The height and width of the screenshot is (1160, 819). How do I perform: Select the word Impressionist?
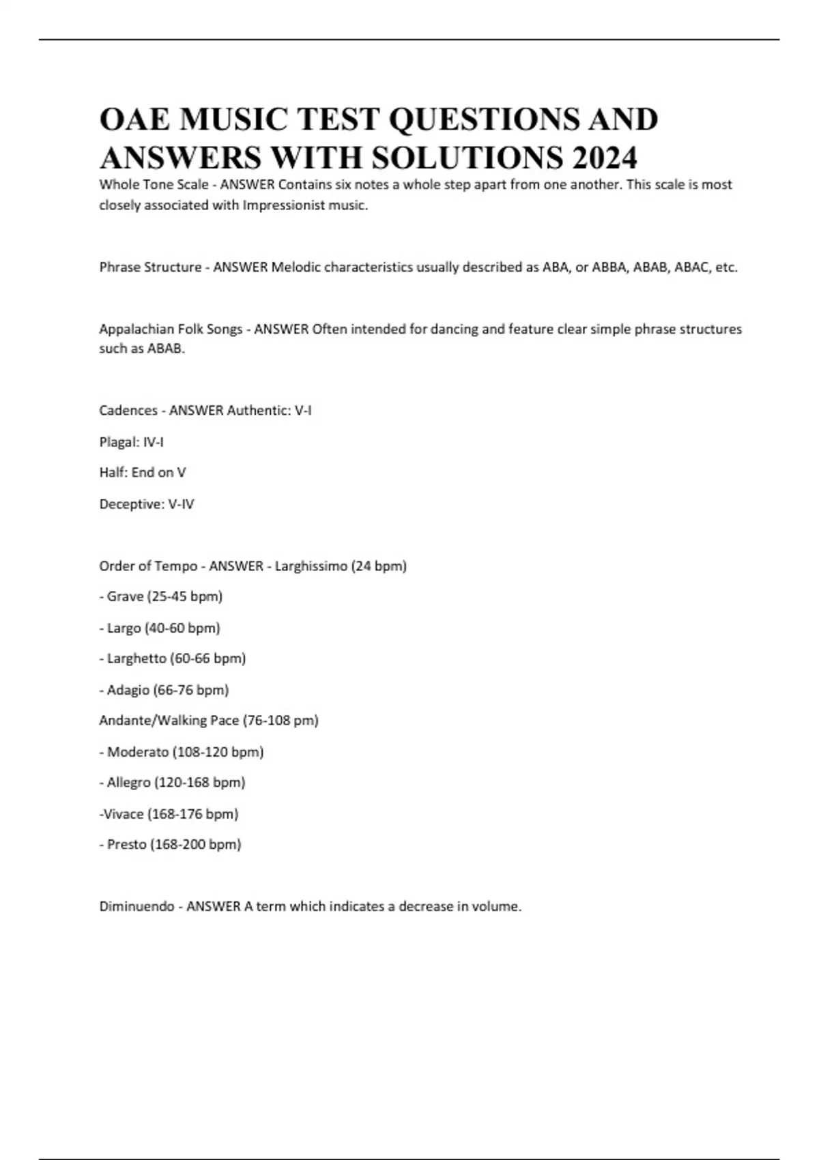(284, 205)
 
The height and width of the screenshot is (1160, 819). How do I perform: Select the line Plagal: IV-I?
(131, 442)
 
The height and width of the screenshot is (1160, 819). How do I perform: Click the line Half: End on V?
(142, 472)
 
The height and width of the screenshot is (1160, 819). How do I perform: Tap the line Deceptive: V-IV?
(146, 504)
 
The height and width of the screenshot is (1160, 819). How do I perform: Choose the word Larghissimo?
(311, 566)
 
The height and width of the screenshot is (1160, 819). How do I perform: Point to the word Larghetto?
(136, 658)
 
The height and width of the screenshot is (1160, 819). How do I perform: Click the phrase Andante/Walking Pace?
(169, 721)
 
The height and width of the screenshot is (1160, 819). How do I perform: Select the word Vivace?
(124, 814)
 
